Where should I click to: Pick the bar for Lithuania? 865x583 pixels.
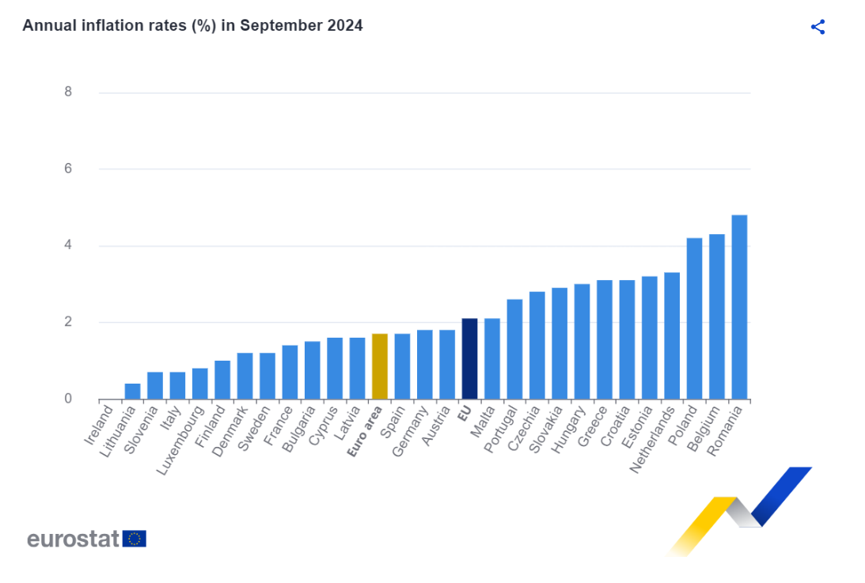[132, 391]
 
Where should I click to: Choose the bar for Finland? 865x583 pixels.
[222, 380]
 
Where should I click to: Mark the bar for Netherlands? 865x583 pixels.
[672, 335]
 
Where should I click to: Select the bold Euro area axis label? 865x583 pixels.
[365, 431]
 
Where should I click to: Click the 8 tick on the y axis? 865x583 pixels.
[68, 92]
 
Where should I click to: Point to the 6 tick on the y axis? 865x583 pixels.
[68, 168]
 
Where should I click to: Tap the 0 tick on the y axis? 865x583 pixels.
[68, 399]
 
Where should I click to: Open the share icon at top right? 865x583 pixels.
[818, 27]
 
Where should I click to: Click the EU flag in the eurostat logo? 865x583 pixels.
[135, 539]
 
